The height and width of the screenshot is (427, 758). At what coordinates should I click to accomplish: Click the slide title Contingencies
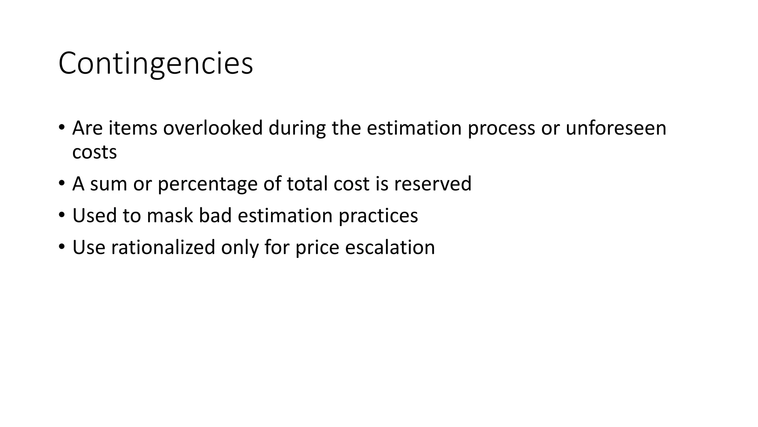pos(155,63)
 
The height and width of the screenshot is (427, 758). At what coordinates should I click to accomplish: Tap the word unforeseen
pos(616,128)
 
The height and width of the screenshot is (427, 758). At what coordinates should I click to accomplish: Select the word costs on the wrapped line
pos(94,152)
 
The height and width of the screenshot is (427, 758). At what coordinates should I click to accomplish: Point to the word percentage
pos(207,184)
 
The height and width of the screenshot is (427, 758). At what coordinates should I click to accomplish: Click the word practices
pos(378,216)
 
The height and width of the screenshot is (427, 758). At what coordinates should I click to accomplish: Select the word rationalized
pos(163,247)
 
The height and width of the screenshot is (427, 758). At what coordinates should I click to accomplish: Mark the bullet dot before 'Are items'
pos(61,127)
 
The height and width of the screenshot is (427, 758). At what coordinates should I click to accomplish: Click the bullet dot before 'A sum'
pos(61,183)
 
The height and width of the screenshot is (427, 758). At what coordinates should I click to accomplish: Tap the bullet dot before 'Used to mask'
pos(61,215)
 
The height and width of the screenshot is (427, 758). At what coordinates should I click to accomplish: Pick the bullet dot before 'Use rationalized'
pos(61,246)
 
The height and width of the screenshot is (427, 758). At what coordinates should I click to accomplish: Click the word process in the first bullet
pos(501,129)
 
